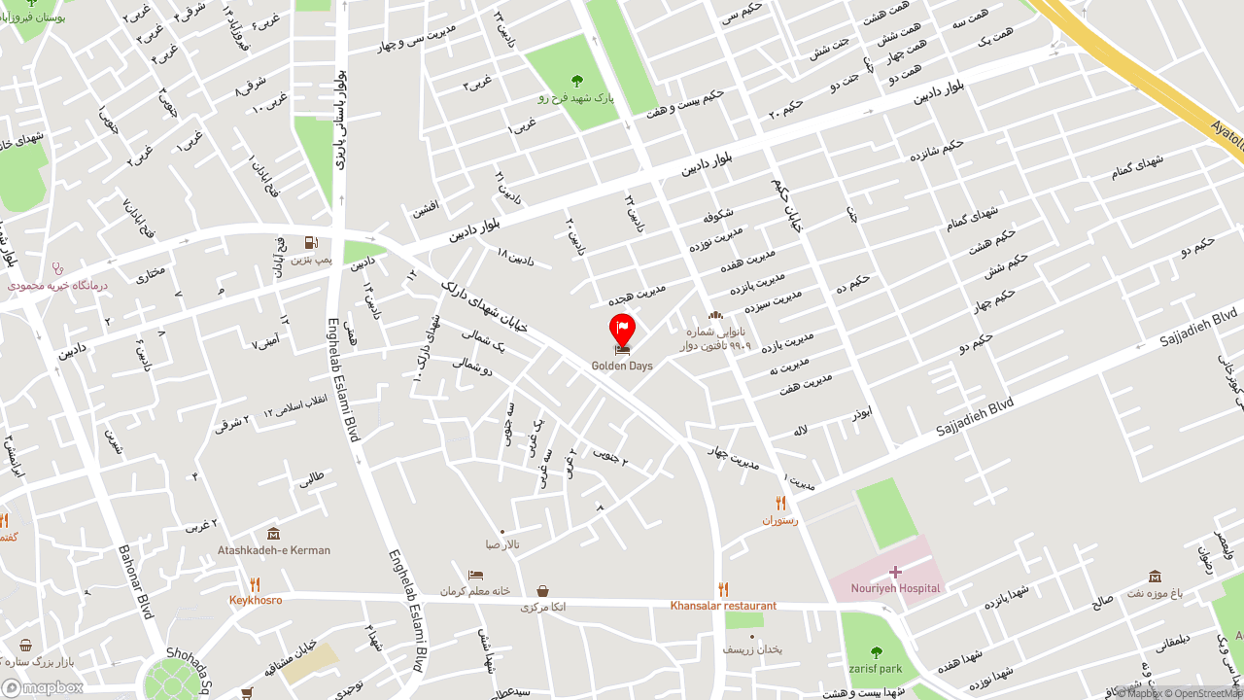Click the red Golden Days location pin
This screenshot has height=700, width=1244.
pos(622,329)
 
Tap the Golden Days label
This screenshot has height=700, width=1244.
pos(622,367)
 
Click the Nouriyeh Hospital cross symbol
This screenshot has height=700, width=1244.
pos(895,572)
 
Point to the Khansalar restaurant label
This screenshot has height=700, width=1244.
pos(723,606)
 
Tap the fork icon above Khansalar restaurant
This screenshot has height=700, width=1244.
pos(723,589)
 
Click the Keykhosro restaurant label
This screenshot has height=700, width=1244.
pos(256,600)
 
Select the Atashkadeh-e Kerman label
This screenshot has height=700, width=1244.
pos(274,550)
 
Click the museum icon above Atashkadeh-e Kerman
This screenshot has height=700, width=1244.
pos(273,534)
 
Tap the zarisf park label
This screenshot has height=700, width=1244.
pos(876,669)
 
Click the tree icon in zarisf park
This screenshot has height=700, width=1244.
pos(876,652)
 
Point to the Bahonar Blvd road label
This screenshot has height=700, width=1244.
pos(135,581)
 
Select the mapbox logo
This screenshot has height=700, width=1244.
pos(43,687)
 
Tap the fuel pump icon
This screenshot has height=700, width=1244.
pos(310,243)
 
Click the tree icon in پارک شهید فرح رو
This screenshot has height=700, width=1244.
pos(577,81)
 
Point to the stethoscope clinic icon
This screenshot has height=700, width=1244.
pos(57,268)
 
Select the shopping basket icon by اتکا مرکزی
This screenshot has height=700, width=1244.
pos(542,591)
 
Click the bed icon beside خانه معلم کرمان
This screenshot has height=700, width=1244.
pos(475,576)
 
